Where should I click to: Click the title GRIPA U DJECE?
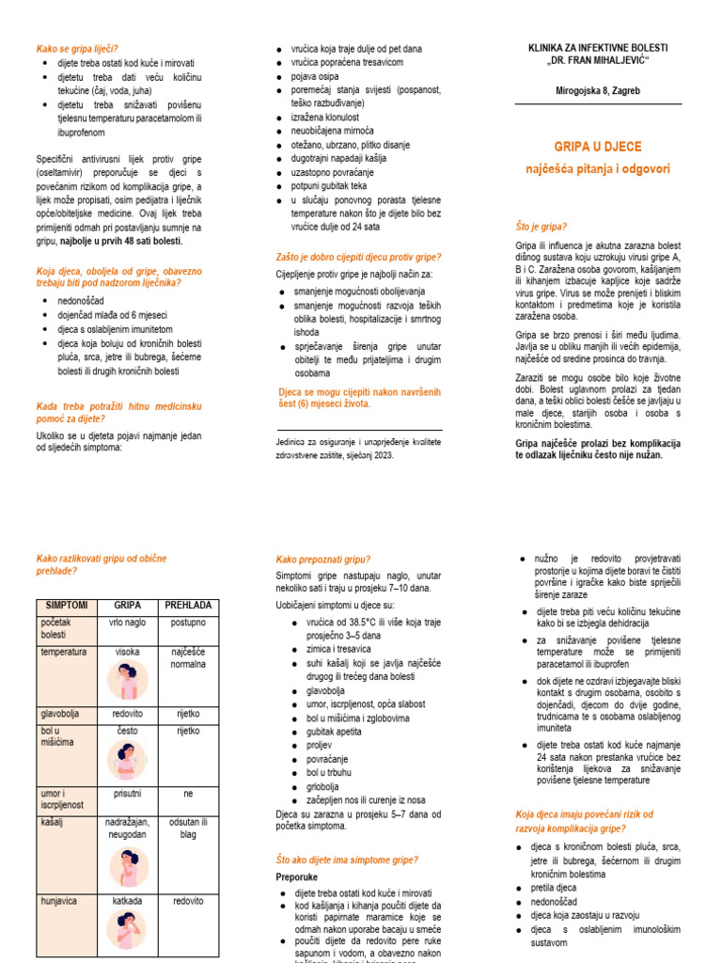click(597, 147)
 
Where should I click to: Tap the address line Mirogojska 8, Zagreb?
click(598, 90)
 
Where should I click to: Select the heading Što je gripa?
click(541, 227)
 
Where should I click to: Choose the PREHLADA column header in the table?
click(188, 605)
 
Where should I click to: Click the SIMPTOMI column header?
click(67, 605)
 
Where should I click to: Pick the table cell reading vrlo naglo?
click(128, 623)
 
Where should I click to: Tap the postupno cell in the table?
click(188, 623)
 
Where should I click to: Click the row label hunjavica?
click(60, 900)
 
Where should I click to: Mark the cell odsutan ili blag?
click(188, 828)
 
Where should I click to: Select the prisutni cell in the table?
click(128, 793)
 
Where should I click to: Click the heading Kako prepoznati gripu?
click(323, 559)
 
